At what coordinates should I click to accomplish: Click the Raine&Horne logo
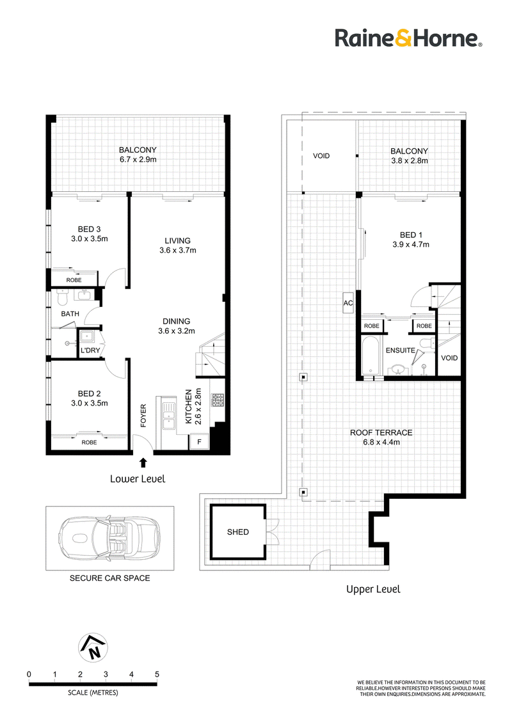(x=408, y=38)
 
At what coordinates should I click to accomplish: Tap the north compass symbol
(x=93, y=647)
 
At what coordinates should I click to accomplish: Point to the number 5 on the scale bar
(x=157, y=675)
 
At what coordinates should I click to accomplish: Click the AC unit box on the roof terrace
(x=348, y=303)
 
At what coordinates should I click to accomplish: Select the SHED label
(x=238, y=532)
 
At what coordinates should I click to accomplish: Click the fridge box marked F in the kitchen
(x=199, y=442)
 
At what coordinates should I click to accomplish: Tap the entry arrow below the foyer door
(x=143, y=462)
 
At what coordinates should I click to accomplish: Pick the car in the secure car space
(x=109, y=538)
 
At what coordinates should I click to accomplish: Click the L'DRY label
(x=90, y=350)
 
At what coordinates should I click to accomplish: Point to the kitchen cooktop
(x=218, y=400)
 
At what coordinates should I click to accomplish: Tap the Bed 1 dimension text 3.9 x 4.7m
(x=411, y=245)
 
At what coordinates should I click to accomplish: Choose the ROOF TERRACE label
(x=381, y=432)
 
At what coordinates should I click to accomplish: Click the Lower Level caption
(x=138, y=479)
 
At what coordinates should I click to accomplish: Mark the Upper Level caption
(x=373, y=590)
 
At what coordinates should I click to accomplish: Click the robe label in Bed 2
(x=89, y=443)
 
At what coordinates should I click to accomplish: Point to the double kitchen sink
(x=169, y=414)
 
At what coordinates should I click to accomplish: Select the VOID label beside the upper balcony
(x=321, y=156)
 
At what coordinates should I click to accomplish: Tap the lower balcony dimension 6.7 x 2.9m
(x=138, y=160)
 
